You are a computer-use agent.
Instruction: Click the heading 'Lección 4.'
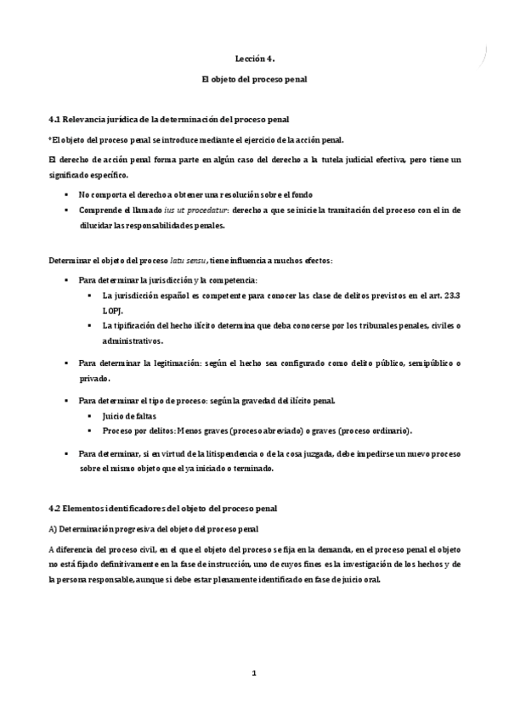255,59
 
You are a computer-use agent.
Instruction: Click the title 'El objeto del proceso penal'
254,79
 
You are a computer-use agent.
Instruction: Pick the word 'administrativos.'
132,340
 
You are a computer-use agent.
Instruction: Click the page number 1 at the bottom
254,673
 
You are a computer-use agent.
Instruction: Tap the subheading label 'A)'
53,529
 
